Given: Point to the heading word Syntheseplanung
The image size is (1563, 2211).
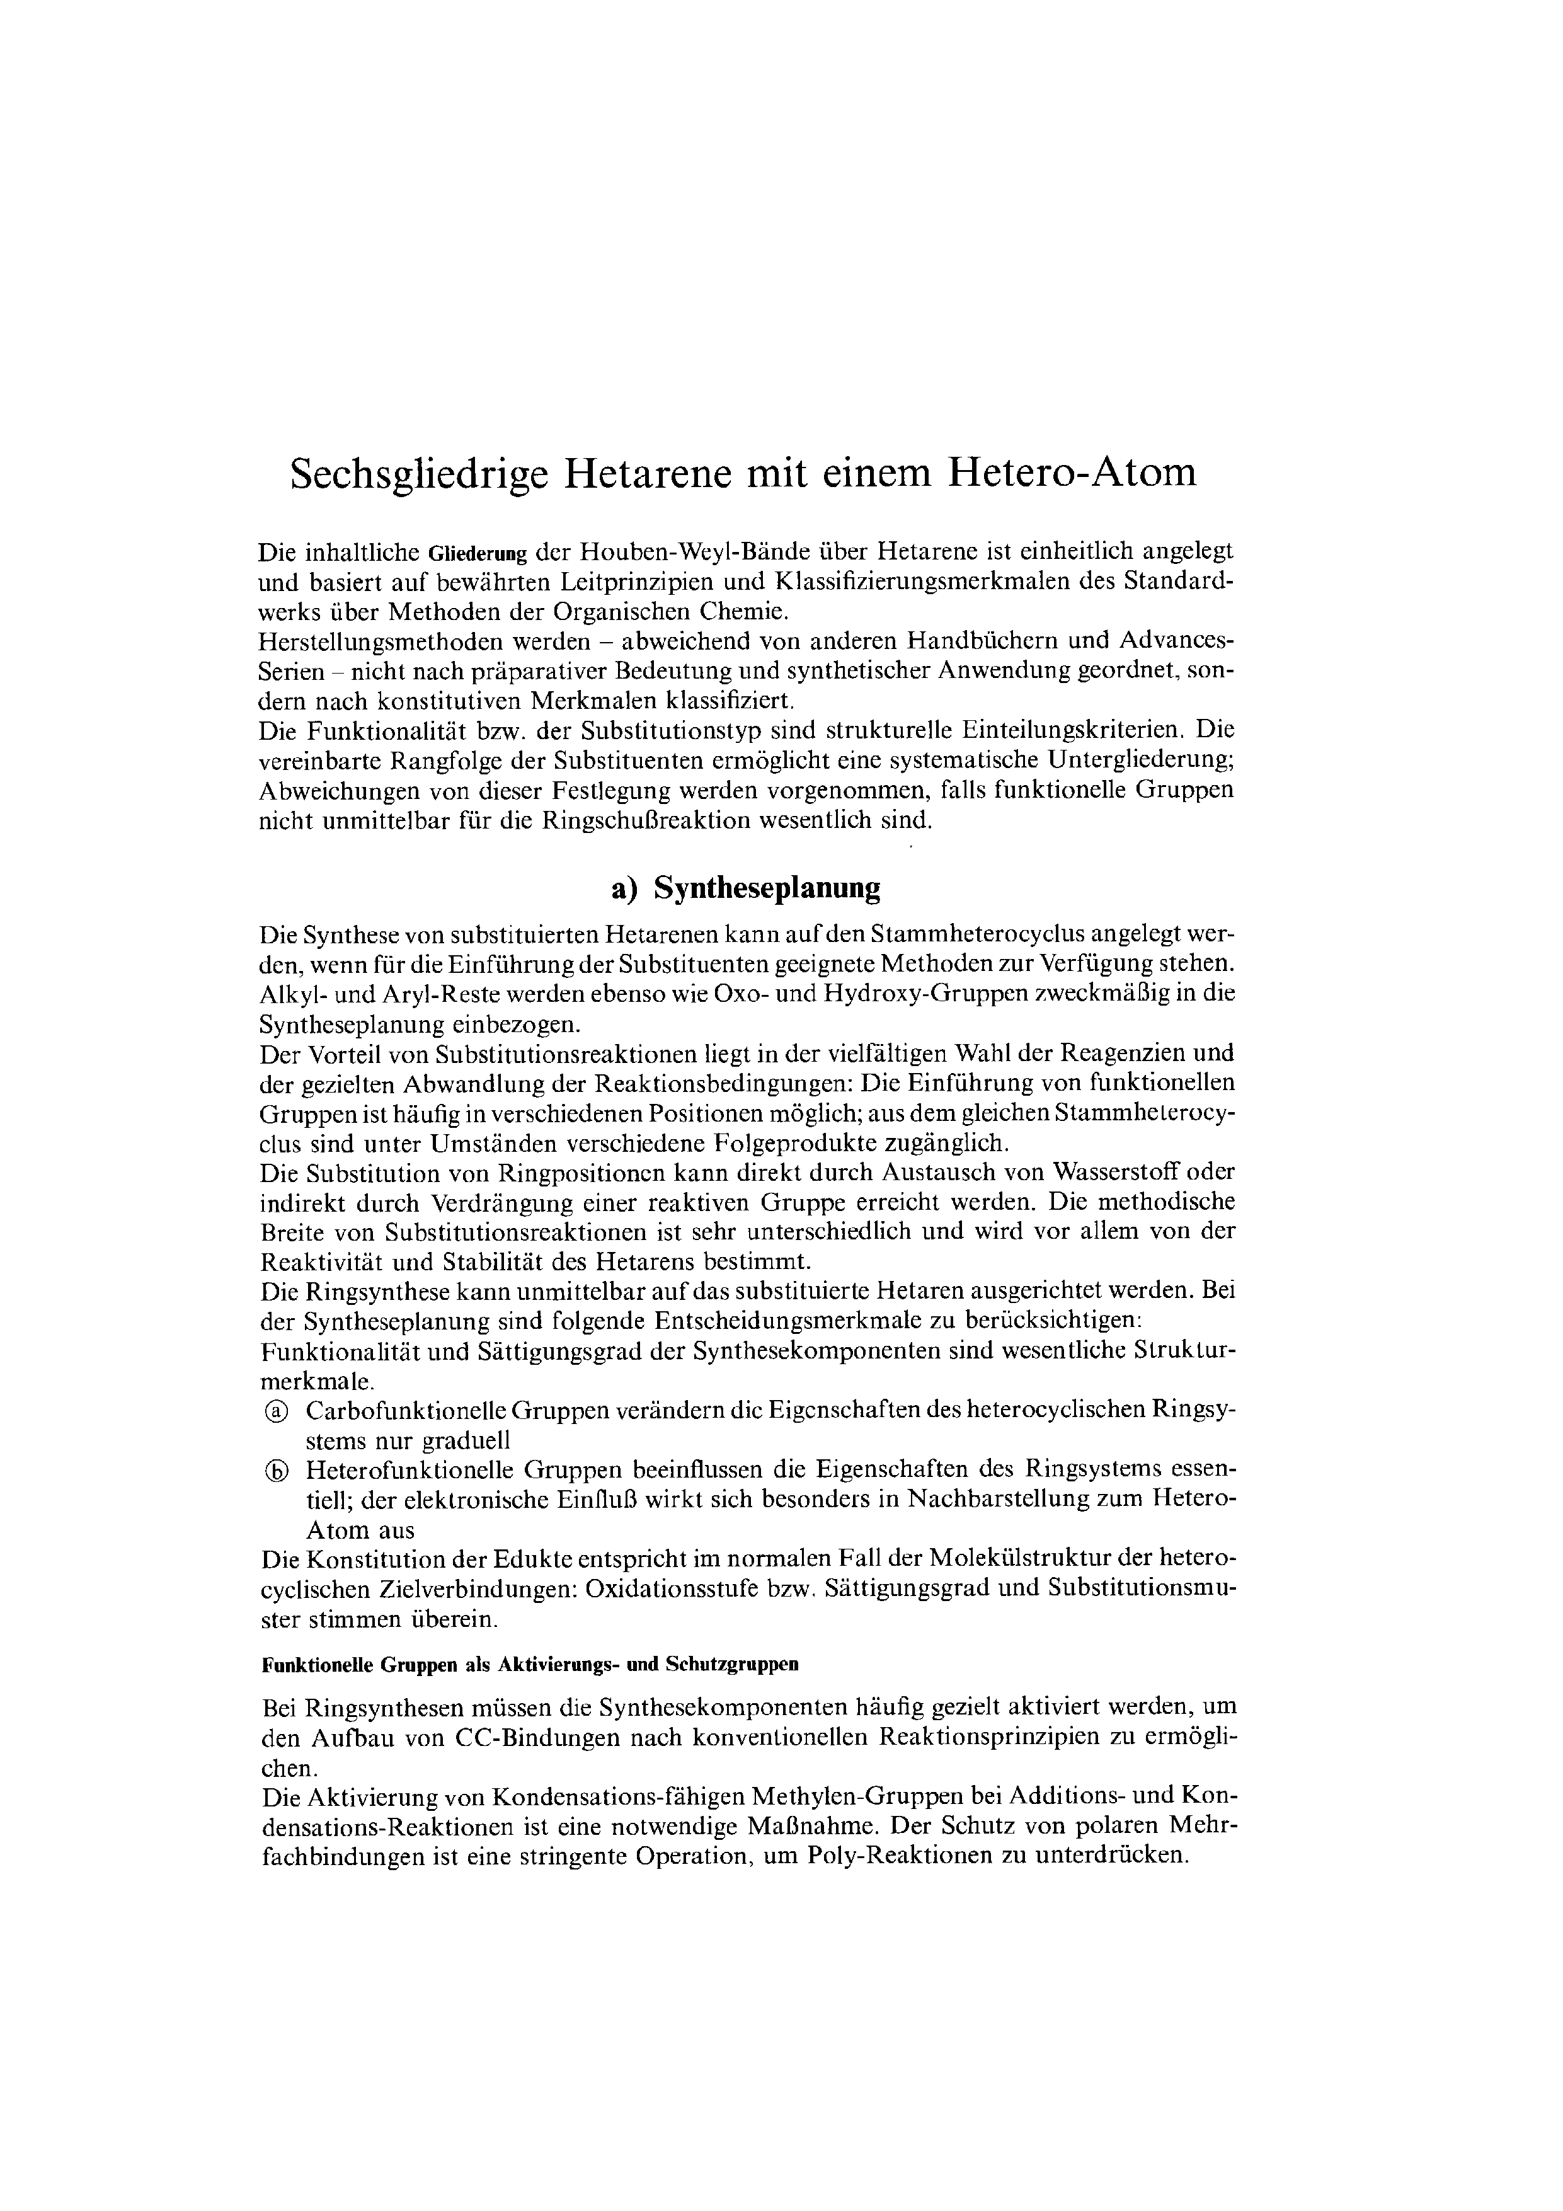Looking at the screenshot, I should [x=767, y=887].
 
